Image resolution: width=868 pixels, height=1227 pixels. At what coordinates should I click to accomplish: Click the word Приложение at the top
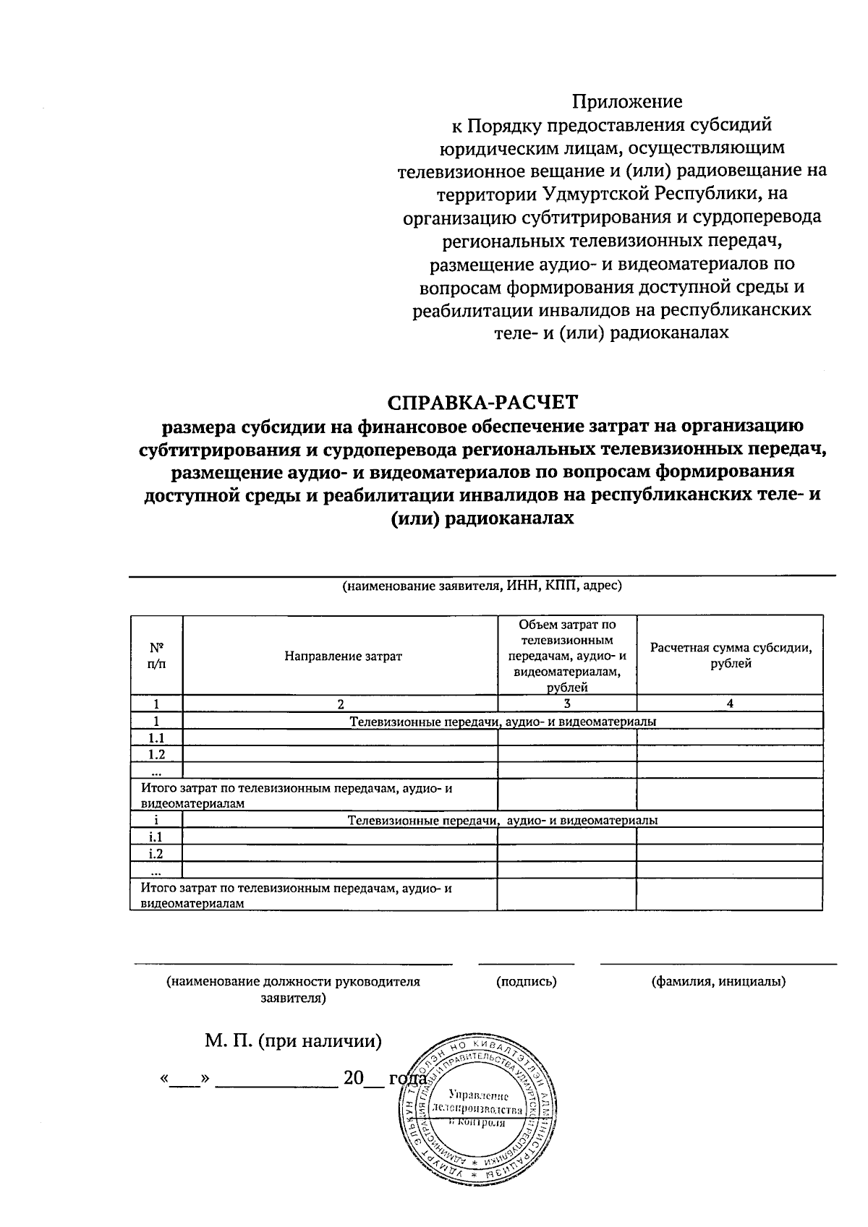coord(626,101)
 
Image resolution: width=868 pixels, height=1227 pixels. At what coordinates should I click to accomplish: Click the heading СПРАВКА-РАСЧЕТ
coord(483,402)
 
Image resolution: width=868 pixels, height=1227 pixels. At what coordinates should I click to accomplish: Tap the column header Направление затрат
coord(343,656)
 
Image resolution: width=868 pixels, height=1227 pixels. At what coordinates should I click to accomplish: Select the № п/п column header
coord(156,656)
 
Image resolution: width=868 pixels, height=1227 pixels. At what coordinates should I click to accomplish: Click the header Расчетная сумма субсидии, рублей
coord(731,656)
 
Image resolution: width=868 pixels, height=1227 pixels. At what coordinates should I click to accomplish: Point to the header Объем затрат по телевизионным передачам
coord(567,656)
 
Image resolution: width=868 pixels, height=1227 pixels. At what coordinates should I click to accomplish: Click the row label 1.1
coord(156,738)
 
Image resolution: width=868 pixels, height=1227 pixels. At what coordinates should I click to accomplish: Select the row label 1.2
coord(156,754)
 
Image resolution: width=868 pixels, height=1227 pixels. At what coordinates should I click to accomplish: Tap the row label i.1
coord(156,837)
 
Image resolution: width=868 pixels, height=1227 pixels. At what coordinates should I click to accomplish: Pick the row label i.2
coord(156,853)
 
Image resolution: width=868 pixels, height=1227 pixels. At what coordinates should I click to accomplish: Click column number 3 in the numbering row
coord(567,704)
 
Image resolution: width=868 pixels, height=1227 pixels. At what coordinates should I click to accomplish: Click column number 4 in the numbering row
coord(731,704)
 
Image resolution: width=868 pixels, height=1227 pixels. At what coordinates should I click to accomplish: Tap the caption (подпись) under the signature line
coord(527,981)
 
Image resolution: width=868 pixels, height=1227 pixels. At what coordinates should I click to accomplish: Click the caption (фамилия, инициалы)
coord(718,981)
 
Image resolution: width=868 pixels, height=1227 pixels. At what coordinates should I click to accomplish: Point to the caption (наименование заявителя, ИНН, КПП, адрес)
coord(482,586)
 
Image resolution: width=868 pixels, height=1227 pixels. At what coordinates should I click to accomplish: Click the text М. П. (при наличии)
coord(293,1041)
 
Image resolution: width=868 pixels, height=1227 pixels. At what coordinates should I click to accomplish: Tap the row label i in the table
coord(156,820)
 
